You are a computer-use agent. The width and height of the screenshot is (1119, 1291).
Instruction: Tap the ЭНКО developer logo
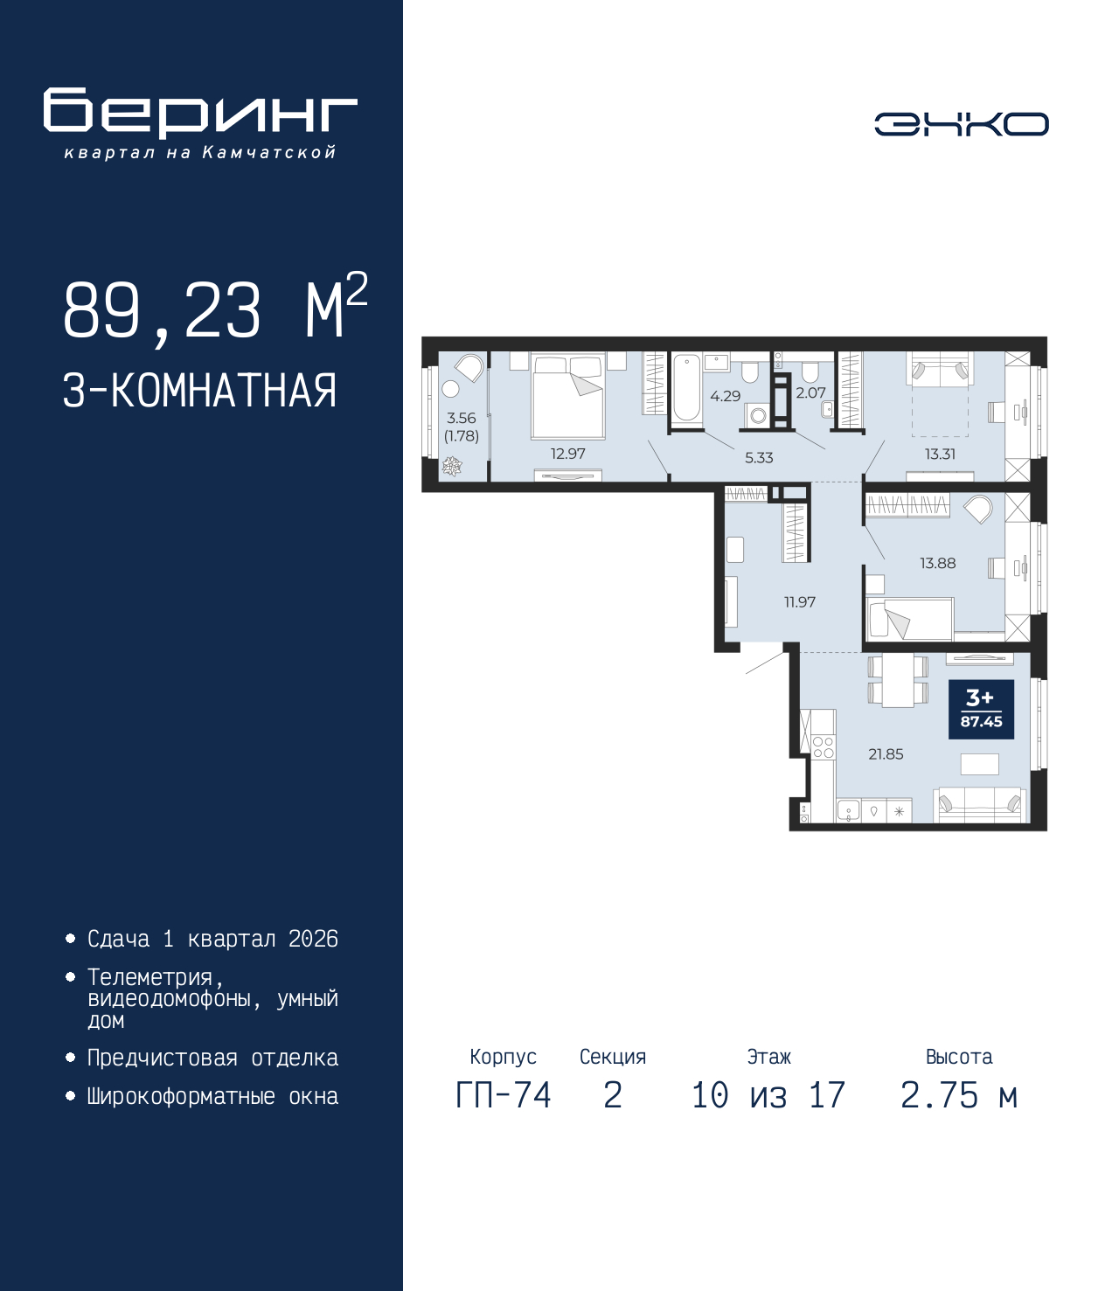(961, 123)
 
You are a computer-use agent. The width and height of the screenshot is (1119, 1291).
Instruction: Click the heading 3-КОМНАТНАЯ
(200, 391)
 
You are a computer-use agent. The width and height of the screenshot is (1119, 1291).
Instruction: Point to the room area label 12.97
(568, 454)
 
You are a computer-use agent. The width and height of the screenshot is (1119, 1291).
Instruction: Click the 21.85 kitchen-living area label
(886, 753)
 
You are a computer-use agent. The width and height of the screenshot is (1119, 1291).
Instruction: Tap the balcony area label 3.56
(461, 418)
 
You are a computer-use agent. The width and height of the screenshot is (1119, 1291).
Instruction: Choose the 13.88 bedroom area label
(938, 563)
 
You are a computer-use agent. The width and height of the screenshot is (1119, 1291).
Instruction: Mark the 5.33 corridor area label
(759, 458)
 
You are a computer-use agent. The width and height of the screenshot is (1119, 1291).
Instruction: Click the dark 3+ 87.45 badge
(981, 709)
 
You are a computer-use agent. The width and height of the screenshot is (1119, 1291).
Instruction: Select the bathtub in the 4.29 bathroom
(687, 388)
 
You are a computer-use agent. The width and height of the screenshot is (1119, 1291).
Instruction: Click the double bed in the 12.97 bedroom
(568, 396)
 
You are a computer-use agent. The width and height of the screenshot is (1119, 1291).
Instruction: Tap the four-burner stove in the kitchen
(824, 747)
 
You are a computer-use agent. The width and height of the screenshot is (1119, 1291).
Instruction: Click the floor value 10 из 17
(768, 1113)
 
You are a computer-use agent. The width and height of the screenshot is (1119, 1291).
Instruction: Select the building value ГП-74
(503, 1113)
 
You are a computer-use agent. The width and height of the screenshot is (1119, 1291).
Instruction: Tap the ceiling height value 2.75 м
(959, 1113)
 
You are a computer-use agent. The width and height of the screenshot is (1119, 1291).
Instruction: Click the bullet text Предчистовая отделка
(212, 1058)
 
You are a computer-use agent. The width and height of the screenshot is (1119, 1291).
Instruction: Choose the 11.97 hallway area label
(800, 602)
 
